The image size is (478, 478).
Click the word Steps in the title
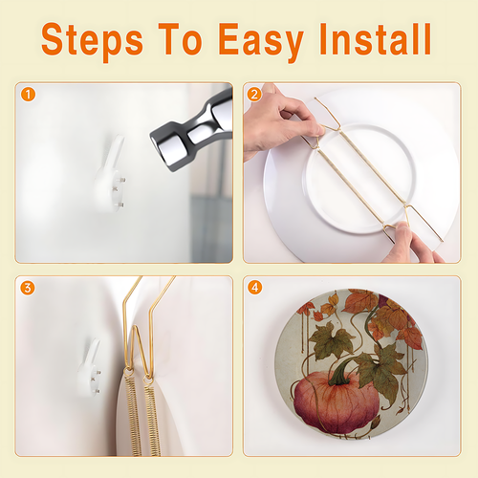[93, 41]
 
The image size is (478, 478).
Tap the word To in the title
[181, 39]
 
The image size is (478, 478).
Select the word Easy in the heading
[261, 42]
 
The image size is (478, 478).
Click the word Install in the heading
[376, 39]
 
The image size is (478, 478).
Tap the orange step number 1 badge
[28, 95]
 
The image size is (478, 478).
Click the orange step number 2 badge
[254, 95]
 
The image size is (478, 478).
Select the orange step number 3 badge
[28, 288]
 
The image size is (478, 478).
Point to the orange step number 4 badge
[255, 288]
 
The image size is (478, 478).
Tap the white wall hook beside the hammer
[110, 175]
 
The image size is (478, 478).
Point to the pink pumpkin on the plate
[337, 403]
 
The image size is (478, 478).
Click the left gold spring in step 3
[133, 414]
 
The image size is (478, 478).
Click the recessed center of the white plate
[360, 179]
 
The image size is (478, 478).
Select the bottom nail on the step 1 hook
[119, 205]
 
